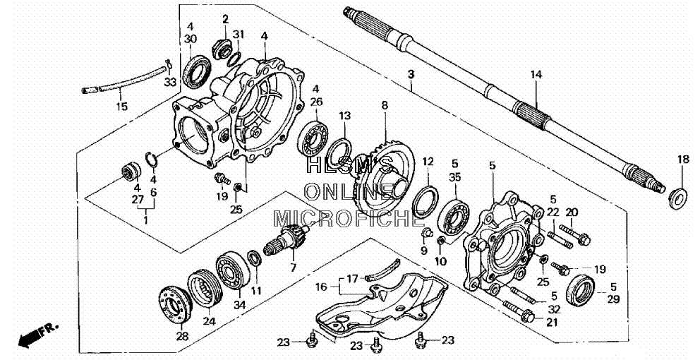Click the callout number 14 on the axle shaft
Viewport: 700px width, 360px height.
(x=536, y=75)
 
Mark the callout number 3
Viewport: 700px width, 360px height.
(x=411, y=74)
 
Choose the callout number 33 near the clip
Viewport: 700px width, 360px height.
(x=169, y=82)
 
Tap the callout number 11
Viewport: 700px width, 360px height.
(x=256, y=291)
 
